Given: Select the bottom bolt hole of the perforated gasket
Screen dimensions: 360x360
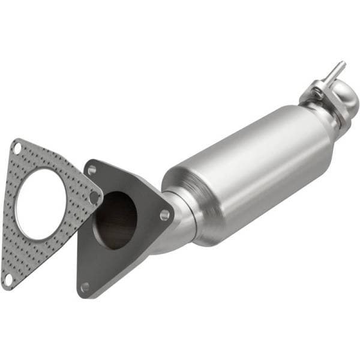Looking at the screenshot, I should [x=8, y=280].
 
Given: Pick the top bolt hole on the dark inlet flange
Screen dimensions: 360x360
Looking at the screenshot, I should [x=92, y=170].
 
